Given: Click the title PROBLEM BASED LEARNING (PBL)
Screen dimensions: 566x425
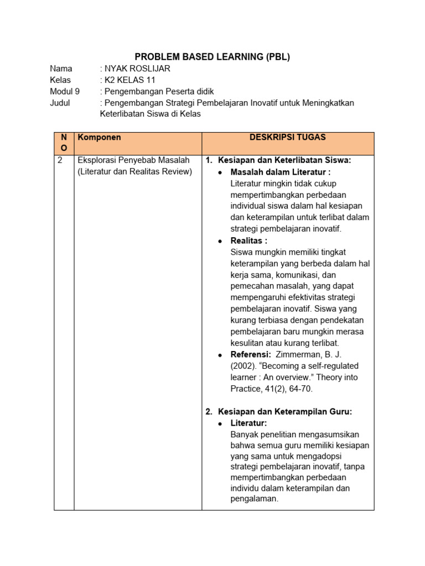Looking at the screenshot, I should (212, 56).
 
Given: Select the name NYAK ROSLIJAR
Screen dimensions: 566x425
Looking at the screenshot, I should (137, 69).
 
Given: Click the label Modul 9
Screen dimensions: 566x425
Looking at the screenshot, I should (65, 92).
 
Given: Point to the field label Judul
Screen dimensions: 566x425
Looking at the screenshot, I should (60, 103).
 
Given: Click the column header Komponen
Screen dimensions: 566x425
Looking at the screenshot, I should (100, 137).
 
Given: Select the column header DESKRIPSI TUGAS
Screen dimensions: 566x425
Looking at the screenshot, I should (287, 137).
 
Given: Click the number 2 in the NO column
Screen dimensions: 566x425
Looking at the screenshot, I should (60, 160).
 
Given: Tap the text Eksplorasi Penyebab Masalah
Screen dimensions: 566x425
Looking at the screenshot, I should (133, 160).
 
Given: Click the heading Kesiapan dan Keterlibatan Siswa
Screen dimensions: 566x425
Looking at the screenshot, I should (284, 160).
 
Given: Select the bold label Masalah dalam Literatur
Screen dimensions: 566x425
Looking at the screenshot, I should (280, 172).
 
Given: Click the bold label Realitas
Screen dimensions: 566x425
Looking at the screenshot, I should (248, 240).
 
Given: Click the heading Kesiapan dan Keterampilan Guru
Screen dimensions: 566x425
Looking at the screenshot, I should (285, 412).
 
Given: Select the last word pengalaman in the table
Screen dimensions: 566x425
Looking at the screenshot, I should (254, 499).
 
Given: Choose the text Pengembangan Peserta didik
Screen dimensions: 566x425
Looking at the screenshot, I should (159, 92).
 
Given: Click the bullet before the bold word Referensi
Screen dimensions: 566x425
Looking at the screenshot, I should (220, 355).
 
